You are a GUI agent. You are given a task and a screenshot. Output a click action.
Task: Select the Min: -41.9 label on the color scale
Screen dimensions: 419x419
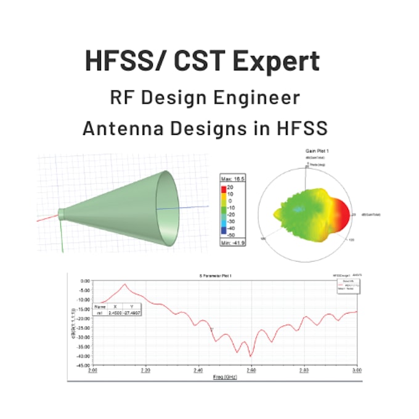[x=232, y=242]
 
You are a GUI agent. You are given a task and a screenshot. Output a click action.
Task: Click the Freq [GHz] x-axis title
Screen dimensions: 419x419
[x=224, y=376]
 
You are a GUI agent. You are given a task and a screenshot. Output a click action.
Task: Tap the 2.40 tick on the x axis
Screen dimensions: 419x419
[x=198, y=371]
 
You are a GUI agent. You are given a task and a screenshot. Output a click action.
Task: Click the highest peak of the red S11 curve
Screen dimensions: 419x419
[x=126, y=285]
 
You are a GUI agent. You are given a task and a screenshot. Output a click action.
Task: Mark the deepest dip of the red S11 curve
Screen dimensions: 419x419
[x=250, y=356]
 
